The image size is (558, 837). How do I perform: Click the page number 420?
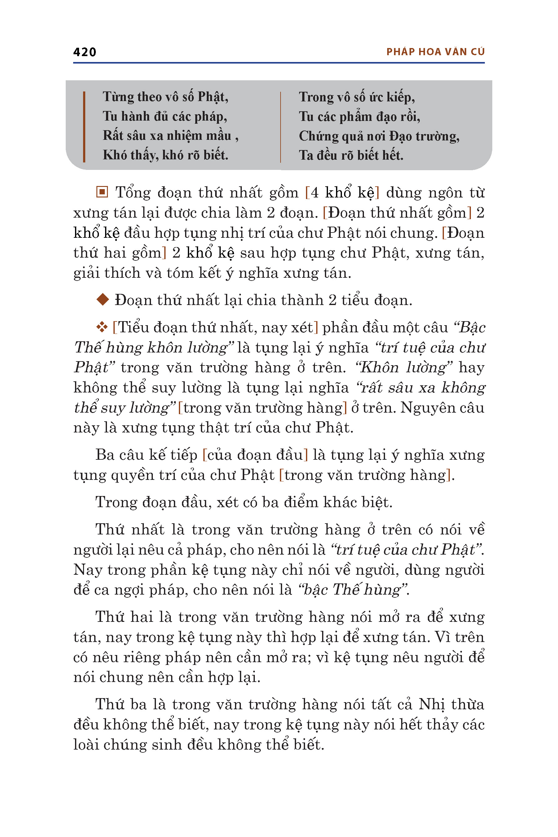click(x=85, y=52)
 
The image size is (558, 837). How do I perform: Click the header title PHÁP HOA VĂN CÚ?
click(x=435, y=52)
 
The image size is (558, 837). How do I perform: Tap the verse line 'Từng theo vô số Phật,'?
click(x=166, y=97)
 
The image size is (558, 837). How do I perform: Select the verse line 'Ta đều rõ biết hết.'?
click(x=351, y=155)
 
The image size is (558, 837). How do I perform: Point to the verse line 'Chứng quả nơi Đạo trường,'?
click(x=379, y=136)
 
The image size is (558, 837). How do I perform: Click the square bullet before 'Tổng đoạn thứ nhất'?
click(x=102, y=192)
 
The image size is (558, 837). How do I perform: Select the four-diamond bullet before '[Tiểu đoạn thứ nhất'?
click(x=102, y=327)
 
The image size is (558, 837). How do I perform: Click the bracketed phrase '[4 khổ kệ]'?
click(x=342, y=193)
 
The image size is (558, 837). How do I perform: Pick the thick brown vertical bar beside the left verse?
click(x=84, y=127)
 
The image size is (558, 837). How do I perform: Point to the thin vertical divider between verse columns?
click(x=281, y=127)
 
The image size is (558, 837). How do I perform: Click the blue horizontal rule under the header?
click(x=279, y=63)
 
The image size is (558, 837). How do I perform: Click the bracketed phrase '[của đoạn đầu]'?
click(x=255, y=455)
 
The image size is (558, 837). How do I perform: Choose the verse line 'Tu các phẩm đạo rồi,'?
click(x=359, y=116)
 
